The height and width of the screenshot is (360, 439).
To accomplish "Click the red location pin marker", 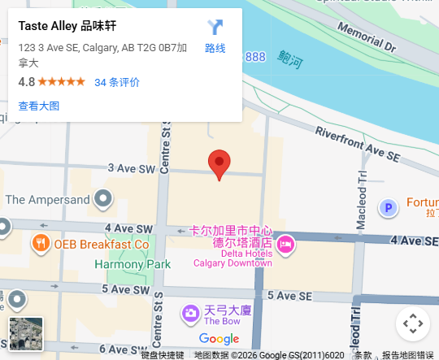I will coord(219,163).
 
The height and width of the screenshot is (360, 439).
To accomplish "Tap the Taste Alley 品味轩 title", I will coord(66,25).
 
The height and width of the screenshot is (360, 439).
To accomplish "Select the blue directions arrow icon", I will coord(215,28).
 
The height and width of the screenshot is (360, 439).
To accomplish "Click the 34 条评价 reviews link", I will coord(117,82).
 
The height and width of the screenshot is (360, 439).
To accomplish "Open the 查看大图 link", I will coord(39,106).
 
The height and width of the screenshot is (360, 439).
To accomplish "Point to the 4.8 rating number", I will coord(26,82).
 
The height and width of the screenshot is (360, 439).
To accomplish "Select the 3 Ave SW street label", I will coord(136,168).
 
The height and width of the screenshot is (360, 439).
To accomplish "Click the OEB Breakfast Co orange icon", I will coord(40,243).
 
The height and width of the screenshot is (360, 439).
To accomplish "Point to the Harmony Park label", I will coord(133,264).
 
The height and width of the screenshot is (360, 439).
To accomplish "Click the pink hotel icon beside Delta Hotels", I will coord(285,243).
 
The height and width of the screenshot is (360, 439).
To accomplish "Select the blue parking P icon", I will coord(389,208).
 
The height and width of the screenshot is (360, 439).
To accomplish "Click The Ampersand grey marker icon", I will coord(102,198).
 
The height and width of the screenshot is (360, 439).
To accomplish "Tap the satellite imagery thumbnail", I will coord(26,333).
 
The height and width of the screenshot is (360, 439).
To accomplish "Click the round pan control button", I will coord(413,323).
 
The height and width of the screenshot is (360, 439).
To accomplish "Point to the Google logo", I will coord(219,339).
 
